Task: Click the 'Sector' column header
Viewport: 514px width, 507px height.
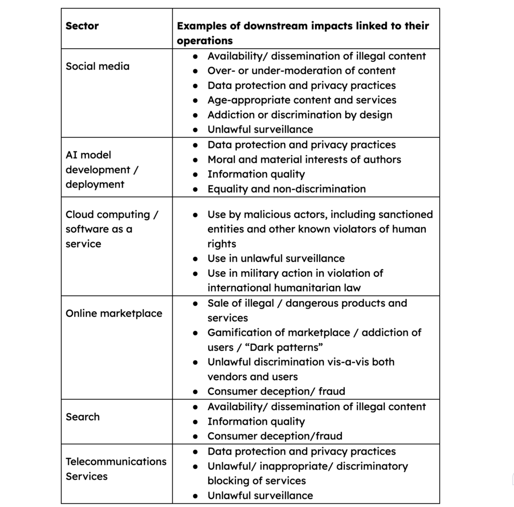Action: pos(82,26)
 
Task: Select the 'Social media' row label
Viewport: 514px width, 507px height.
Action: pos(97,66)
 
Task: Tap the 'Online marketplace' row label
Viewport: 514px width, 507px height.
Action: pos(114,313)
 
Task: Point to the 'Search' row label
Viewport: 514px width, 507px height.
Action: pos(83,417)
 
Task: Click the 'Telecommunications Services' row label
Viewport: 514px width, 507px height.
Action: pos(116,468)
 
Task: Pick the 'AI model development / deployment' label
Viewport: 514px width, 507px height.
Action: pos(102,170)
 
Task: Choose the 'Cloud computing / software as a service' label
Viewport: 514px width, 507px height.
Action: pos(111,229)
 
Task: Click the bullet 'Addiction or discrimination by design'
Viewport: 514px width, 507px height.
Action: pos(300,115)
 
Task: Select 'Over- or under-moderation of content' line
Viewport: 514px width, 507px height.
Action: pos(301,71)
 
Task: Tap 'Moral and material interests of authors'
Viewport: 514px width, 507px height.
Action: pos(304,159)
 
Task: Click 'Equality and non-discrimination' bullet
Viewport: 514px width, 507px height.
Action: pos(287,189)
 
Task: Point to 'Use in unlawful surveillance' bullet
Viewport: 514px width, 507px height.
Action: pos(276,259)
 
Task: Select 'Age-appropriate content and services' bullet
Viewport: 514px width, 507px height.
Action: pos(302,100)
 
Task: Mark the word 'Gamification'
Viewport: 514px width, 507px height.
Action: pos(237,332)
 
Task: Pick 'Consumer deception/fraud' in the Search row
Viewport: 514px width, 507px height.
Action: pos(275,436)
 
